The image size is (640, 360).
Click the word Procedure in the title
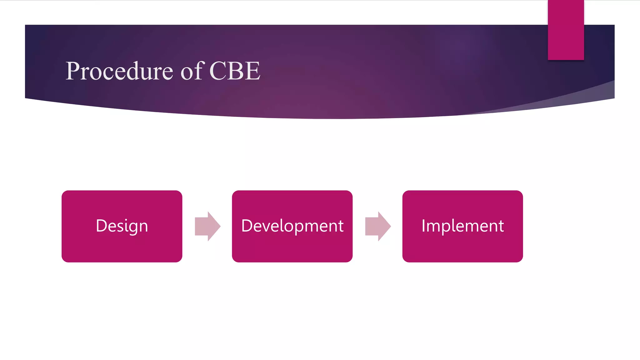coord(119,71)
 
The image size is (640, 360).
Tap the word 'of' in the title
coord(192,71)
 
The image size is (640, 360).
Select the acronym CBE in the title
coord(235,71)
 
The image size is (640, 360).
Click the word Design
coord(122,226)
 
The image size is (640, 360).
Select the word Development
coord(292,226)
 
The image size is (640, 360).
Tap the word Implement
coord(462,226)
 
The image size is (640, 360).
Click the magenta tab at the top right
coord(566,30)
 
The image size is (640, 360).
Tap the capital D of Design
coord(101,226)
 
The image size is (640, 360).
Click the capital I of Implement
coord(423,226)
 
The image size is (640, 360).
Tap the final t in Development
coord(341,226)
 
